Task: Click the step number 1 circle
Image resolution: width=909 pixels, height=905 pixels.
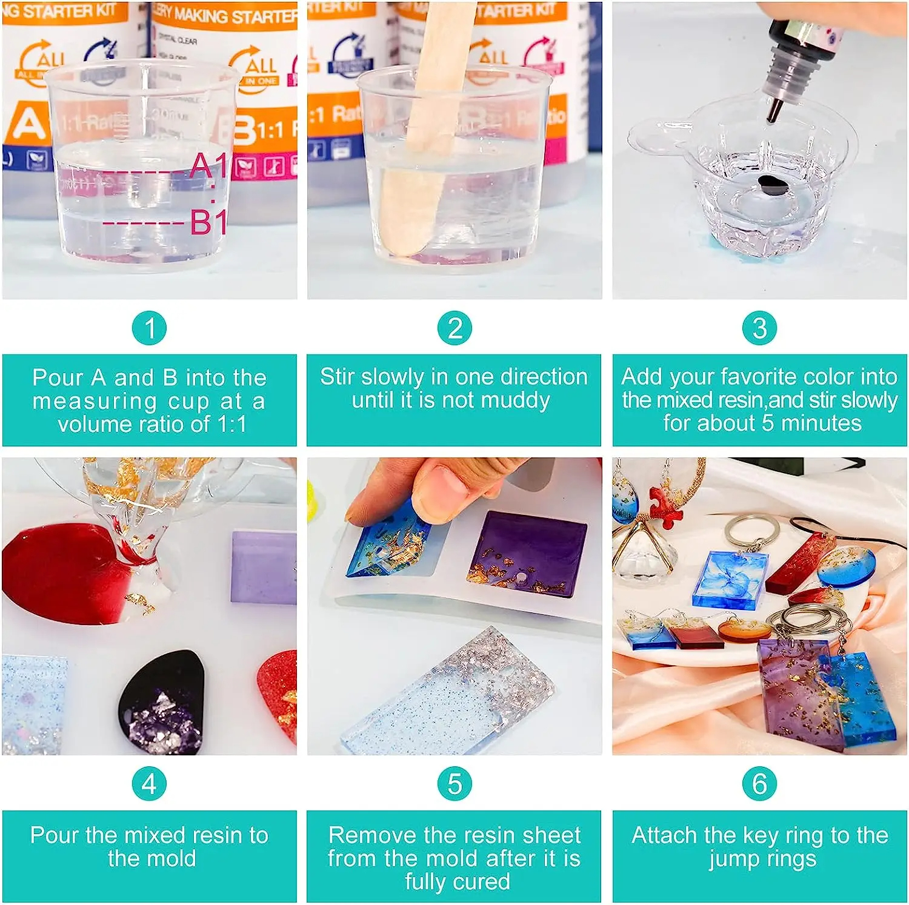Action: (x=150, y=328)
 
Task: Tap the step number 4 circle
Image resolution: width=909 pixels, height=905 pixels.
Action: (x=150, y=784)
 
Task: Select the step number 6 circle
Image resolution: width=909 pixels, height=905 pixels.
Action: (x=759, y=784)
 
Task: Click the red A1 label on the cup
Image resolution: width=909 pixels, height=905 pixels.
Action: (x=208, y=166)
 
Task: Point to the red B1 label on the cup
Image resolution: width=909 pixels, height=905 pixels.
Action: (x=208, y=222)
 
